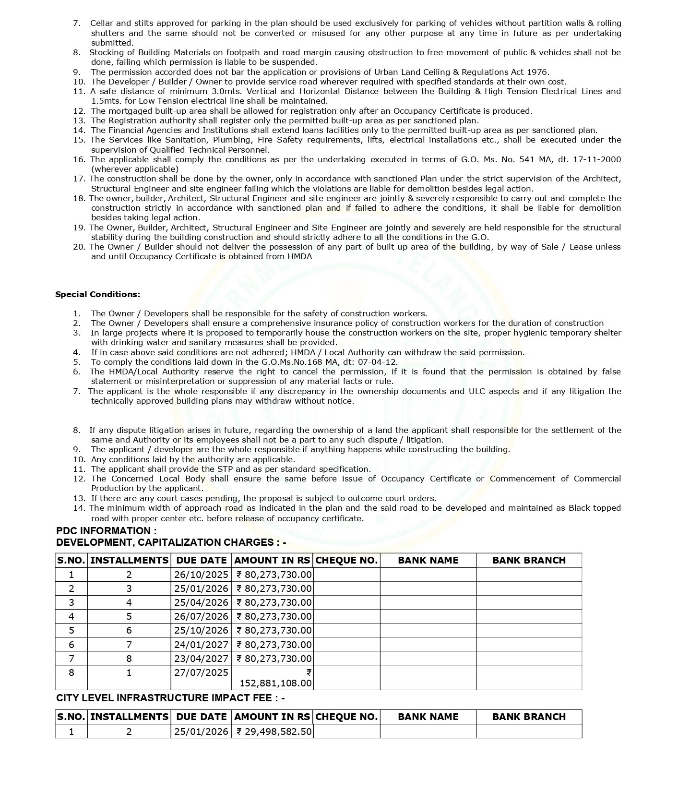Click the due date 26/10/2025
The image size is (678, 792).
[201, 575]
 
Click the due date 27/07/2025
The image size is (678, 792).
[201, 672]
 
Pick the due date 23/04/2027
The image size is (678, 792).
[201, 659]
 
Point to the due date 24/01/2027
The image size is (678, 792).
[201, 645]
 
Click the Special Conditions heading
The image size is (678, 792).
[98, 294]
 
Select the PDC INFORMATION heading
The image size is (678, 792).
[106, 531]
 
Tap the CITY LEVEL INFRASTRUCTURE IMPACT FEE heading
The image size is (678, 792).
[170, 698]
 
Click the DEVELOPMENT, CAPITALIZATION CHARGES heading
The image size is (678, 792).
[171, 542]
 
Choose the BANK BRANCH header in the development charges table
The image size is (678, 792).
[529, 560]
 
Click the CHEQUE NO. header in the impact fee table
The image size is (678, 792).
[346, 717]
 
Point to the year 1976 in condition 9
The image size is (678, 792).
[537, 72]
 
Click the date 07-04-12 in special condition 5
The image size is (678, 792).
[381, 362]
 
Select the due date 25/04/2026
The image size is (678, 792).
[201, 602]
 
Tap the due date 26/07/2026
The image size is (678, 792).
[201, 616]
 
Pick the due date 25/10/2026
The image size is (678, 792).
[201, 630]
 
